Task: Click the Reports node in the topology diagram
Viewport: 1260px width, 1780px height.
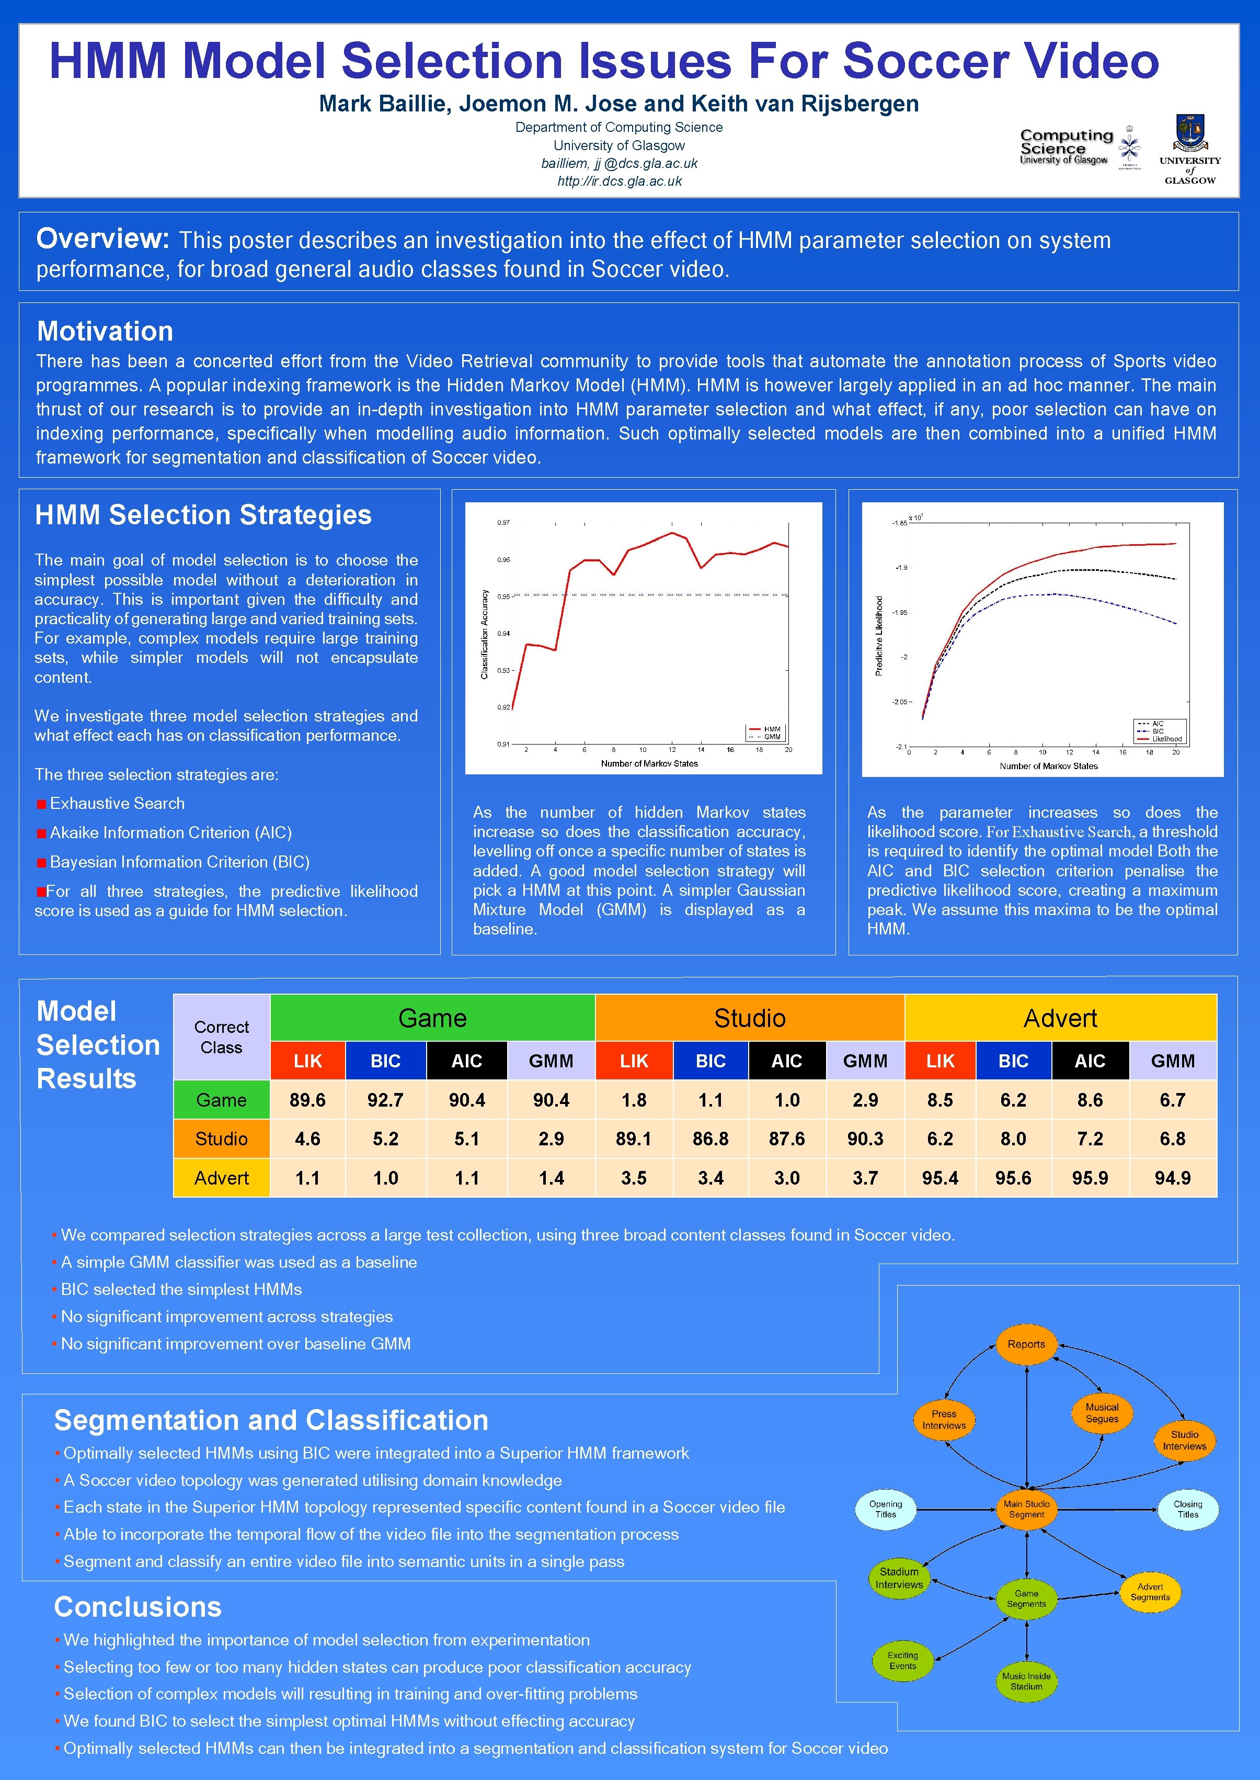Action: pyautogui.click(x=1026, y=1345)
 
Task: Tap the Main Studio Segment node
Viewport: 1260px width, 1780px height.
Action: pyautogui.click(x=1026, y=1509)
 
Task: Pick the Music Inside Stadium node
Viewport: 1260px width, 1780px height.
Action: pyautogui.click(x=1026, y=1682)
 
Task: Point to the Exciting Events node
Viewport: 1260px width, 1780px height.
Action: pyautogui.click(x=902, y=1661)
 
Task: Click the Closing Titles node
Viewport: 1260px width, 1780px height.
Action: pyautogui.click(x=1187, y=1509)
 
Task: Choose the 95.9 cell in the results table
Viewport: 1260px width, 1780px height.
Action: pyautogui.click(x=1090, y=1178)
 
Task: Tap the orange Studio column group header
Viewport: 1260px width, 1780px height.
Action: pyautogui.click(x=750, y=1018)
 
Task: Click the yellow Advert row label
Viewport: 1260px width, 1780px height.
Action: pyautogui.click(x=221, y=1178)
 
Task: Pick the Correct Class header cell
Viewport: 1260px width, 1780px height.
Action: pyautogui.click(x=221, y=1037)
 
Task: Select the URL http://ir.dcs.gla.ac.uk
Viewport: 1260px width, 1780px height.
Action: pyautogui.click(x=619, y=181)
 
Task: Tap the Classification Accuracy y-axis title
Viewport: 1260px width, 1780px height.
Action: pyautogui.click(x=485, y=634)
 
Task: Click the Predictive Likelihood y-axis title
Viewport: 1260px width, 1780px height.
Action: pyautogui.click(x=879, y=635)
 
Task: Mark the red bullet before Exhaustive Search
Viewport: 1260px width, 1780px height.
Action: pyautogui.click(x=41, y=804)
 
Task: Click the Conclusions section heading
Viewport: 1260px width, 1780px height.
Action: pyautogui.click(x=138, y=1607)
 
